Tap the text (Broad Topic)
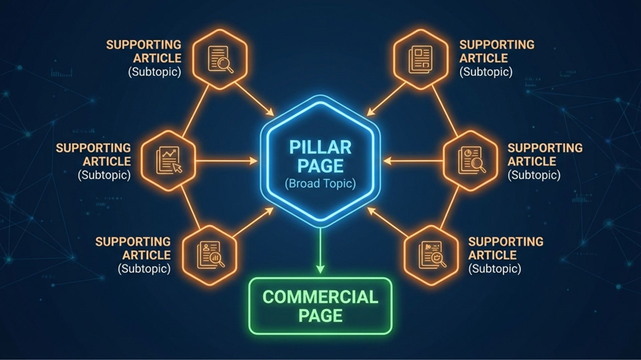click(x=320, y=183)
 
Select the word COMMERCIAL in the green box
click(x=320, y=296)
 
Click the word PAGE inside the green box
click(x=320, y=315)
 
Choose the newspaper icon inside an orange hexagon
click(x=420, y=58)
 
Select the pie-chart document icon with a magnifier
click(x=472, y=160)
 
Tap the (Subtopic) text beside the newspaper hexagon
click(x=487, y=72)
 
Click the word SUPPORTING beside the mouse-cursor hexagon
click(x=93, y=148)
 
